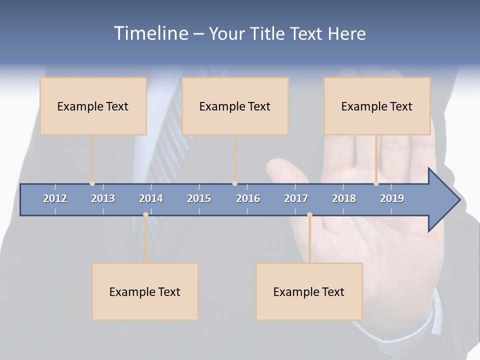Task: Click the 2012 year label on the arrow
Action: point(55,198)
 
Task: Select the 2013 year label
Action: point(103,198)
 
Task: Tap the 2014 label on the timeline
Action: point(151,198)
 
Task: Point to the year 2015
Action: point(199,198)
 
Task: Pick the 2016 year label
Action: point(248,198)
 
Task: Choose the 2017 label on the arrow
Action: point(296,198)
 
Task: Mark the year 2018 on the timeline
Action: point(344,198)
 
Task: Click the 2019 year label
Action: point(392,198)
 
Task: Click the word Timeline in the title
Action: point(150,33)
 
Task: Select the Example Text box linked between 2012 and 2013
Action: point(93,106)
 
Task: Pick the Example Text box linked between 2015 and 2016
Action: point(235,106)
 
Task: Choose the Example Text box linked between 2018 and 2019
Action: point(377,106)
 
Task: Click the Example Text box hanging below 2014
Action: point(145,291)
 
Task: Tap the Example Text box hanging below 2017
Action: point(309,291)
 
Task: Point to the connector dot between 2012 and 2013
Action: point(92,183)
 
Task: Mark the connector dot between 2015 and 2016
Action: point(234,183)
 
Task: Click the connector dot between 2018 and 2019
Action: point(376,183)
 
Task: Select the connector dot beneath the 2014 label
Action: point(145,215)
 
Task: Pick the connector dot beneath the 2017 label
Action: point(309,215)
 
